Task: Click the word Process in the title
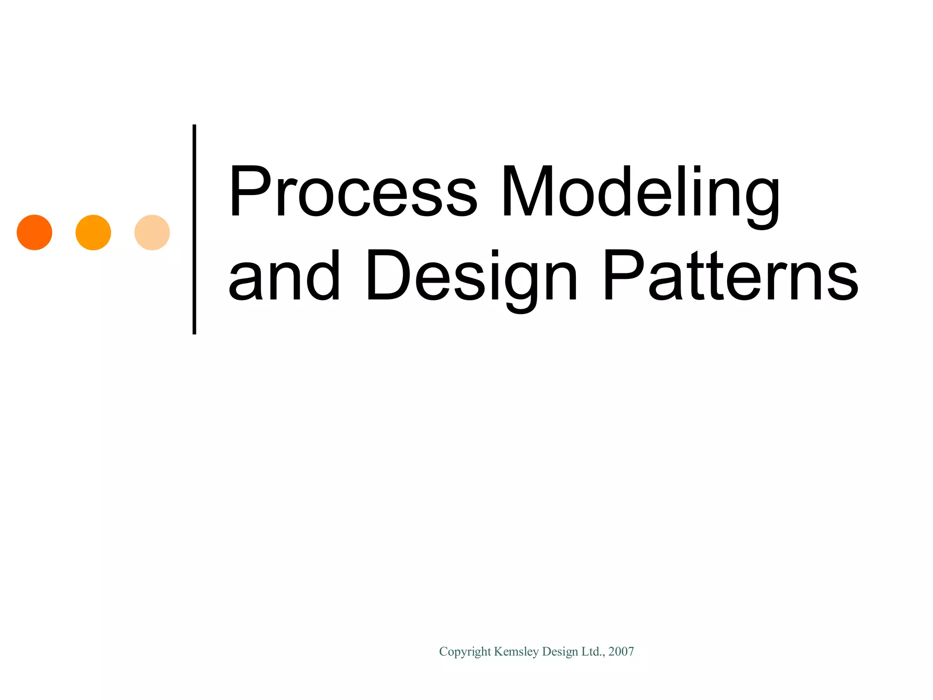(x=353, y=191)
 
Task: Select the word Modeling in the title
(x=640, y=191)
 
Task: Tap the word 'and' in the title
(x=284, y=276)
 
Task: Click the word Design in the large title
(x=472, y=276)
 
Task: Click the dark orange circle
(x=35, y=232)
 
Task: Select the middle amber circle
(x=93, y=232)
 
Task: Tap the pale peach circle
(x=152, y=232)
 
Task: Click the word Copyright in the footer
(x=465, y=652)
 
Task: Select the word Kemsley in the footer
(x=516, y=652)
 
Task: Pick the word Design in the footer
(x=560, y=652)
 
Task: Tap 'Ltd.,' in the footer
(x=593, y=652)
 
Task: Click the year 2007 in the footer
(x=621, y=652)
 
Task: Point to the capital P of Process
(x=248, y=191)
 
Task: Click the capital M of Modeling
(x=527, y=191)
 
